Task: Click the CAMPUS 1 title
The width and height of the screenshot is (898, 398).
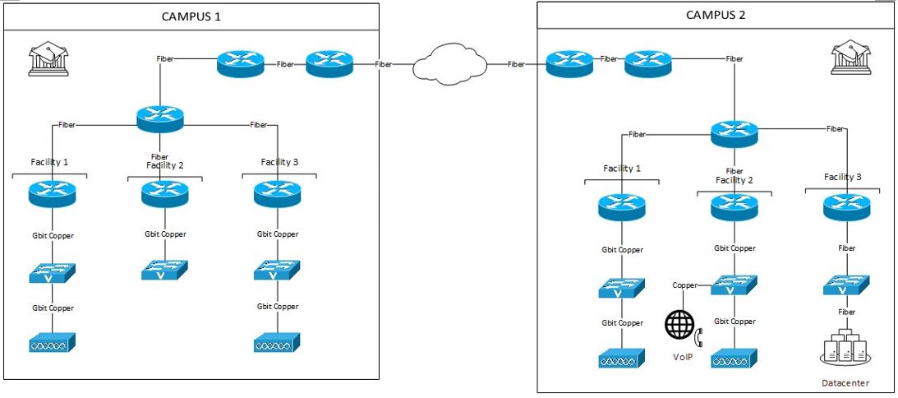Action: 191,16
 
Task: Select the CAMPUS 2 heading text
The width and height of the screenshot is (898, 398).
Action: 716,14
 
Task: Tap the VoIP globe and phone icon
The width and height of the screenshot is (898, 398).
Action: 684,326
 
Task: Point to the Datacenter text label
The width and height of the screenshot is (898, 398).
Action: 845,383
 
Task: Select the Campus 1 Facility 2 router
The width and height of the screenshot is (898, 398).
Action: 164,194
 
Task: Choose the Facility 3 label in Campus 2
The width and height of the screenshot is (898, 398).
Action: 843,177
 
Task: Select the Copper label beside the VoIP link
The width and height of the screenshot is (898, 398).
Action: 684,285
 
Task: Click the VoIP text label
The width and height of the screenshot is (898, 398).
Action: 683,356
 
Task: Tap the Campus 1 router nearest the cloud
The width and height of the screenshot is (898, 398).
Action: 329,64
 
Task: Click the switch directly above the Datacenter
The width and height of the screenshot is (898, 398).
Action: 846,285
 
